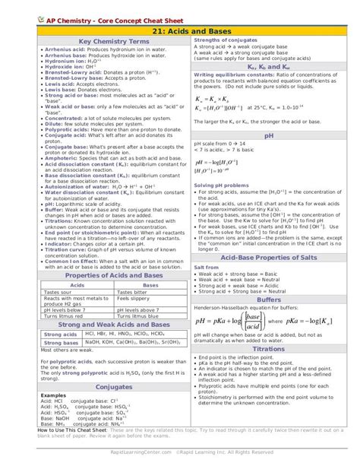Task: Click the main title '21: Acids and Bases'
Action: (x=180, y=30)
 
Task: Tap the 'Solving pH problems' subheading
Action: (x=220, y=185)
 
